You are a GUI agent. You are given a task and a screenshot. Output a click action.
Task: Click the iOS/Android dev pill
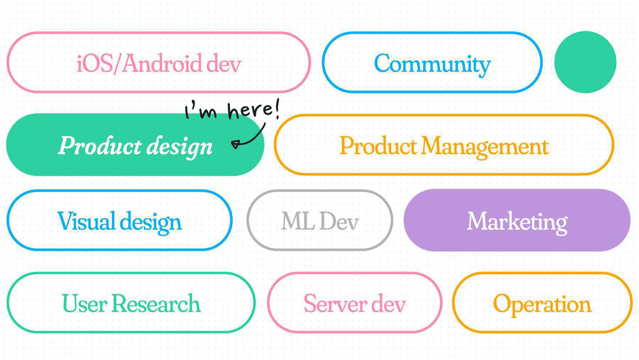159,62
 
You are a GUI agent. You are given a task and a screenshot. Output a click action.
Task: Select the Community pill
432,62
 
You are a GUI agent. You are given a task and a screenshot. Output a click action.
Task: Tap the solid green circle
585,62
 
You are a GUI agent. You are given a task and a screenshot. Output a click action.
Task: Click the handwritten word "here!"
254,110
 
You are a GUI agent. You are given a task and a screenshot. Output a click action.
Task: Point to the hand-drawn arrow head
235,144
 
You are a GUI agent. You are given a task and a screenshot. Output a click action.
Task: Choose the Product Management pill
444,145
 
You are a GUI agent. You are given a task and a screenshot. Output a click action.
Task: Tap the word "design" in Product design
179,146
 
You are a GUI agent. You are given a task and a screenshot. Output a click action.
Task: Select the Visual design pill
120,220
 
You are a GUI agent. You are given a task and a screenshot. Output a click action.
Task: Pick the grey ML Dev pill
320,220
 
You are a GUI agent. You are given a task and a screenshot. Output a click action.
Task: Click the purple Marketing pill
517,220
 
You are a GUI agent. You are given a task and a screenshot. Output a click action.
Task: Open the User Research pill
131,303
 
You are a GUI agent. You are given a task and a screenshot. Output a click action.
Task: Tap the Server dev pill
354,303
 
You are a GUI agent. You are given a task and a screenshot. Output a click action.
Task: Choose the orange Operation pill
542,303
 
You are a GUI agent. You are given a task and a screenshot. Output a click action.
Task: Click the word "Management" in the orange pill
485,146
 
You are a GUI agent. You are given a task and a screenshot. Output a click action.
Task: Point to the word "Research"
156,303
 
